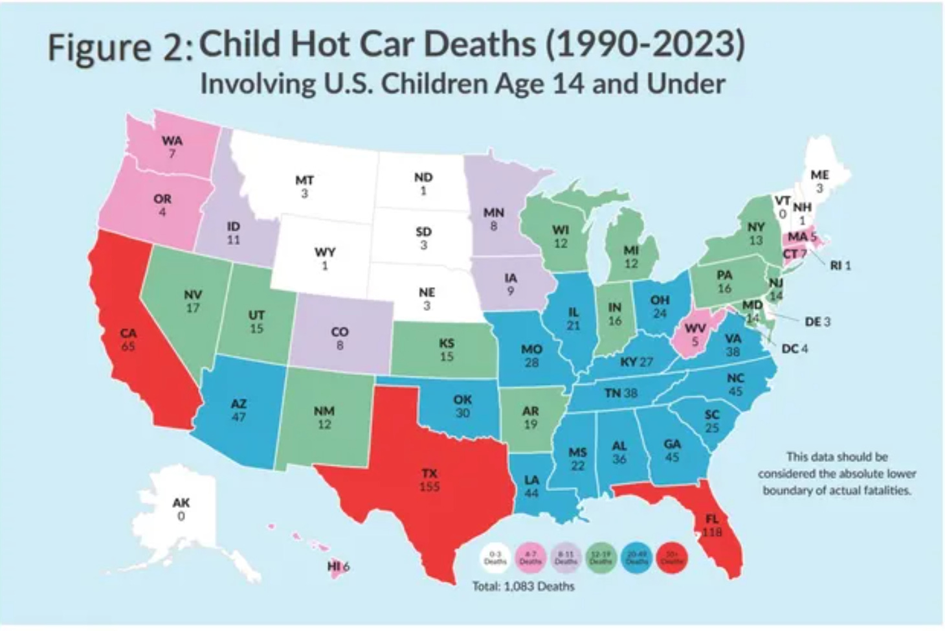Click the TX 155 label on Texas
coord(428,480)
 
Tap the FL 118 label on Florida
coord(712,525)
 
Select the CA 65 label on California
coord(128,339)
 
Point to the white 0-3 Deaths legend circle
coord(495,558)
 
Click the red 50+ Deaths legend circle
coord(672,558)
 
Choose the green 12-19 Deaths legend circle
coord(601,558)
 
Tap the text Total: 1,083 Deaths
coord(523,586)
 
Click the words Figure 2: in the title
coord(120,49)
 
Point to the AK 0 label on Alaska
coord(181,509)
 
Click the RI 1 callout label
coord(839,265)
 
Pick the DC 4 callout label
coord(794,349)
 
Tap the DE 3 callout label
coord(817,321)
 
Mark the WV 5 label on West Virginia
coord(695,334)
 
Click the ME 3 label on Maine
coord(819,181)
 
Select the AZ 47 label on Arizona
coord(238,410)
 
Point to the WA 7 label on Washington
coord(172,146)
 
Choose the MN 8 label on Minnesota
coord(493,219)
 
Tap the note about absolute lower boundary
coord(837,474)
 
